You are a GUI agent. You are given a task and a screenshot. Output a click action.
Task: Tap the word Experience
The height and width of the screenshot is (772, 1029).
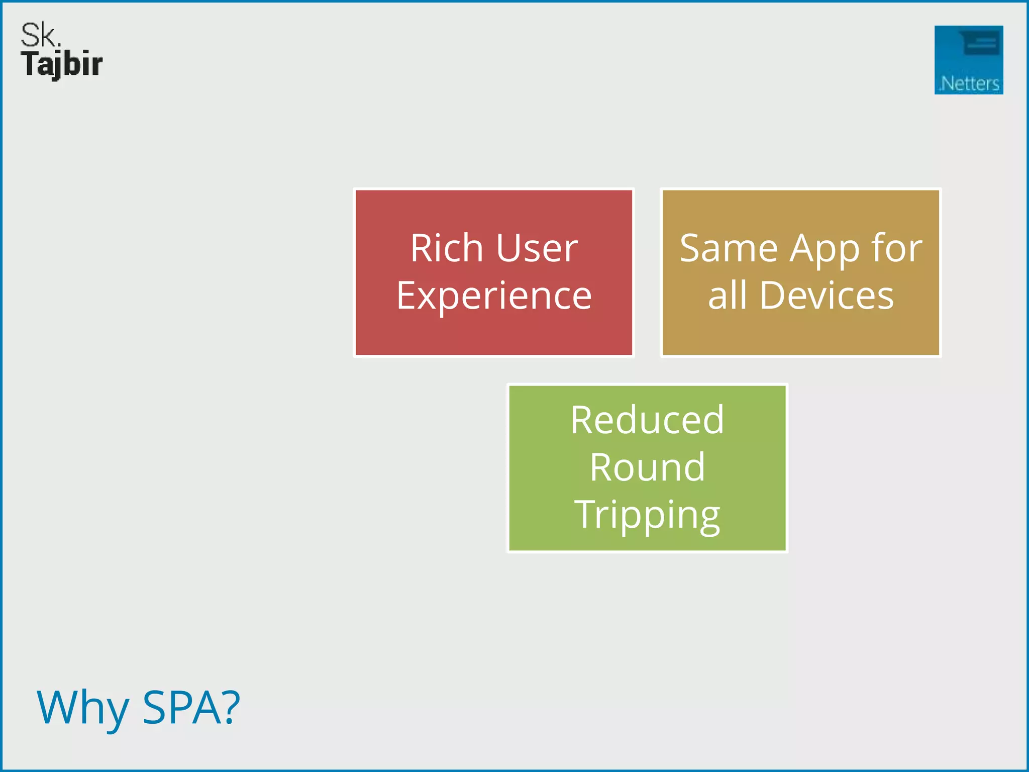pyautogui.click(x=494, y=297)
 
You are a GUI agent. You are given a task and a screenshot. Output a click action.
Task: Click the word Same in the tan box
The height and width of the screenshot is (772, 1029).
pyautogui.click(x=729, y=248)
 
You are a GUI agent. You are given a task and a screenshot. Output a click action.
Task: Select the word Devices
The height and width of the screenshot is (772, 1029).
pyautogui.click(x=827, y=296)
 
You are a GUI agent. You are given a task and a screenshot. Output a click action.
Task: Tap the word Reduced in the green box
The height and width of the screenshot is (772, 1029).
pyautogui.click(x=647, y=420)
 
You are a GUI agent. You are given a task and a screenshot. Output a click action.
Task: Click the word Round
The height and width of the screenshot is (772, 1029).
pyautogui.click(x=647, y=467)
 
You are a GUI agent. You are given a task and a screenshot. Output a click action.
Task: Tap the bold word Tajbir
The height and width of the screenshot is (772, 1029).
pyautogui.click(x=62, y=65)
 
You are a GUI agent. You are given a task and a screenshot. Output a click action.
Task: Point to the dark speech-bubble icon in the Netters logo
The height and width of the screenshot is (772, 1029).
pyautogui.click(x=980, y=43)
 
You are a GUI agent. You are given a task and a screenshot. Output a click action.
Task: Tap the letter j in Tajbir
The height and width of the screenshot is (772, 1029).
pyautogui.click(x=56, y=66)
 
